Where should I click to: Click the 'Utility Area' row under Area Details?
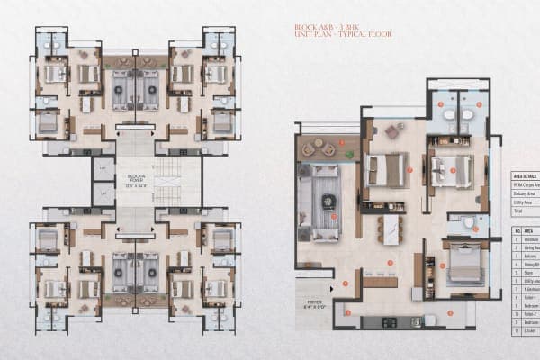click(x=524, y=204)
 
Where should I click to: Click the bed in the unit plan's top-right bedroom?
click(x=450, y=171)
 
